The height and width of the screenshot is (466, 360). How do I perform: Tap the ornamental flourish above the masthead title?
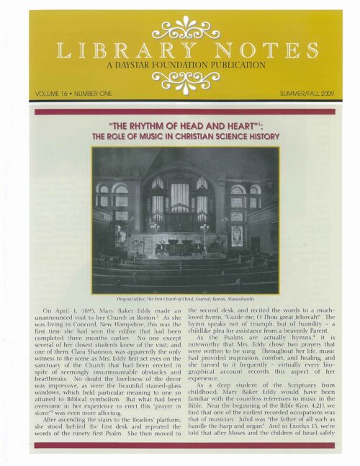179,30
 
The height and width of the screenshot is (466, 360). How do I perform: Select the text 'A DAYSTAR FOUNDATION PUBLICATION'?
179,66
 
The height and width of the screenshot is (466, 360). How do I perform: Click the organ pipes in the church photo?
180,197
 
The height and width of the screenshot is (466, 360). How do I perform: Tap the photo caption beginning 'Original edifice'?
179,296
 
